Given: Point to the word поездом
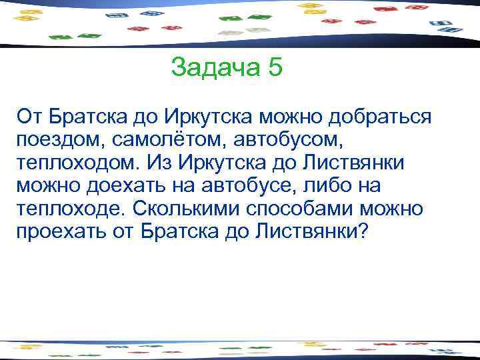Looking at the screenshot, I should pos(57,141).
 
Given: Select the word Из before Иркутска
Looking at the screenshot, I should pos(159,163).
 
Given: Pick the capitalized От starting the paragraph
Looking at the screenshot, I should pos(31,117).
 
